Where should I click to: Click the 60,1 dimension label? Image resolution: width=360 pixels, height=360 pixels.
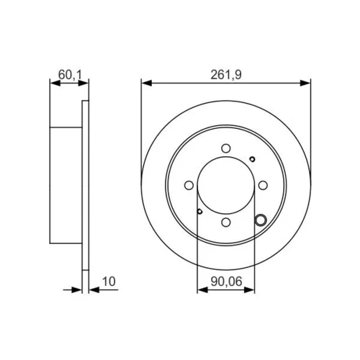[70, 75]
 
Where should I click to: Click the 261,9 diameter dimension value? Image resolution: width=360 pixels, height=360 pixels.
[226, 75]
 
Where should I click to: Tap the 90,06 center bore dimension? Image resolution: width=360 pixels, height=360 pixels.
[226, 282]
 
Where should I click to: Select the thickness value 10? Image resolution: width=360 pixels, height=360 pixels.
[109, 282]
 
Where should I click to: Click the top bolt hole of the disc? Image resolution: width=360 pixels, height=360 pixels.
[226, 148]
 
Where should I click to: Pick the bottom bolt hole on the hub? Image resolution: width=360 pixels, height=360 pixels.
[226, 222]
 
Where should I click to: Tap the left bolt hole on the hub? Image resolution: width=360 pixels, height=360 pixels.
[189, 185]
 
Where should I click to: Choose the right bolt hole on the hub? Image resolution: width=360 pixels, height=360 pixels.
[263, 185]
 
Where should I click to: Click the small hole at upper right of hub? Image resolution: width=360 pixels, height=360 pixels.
[252, 159]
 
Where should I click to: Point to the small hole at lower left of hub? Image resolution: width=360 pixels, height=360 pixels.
[199, 212]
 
